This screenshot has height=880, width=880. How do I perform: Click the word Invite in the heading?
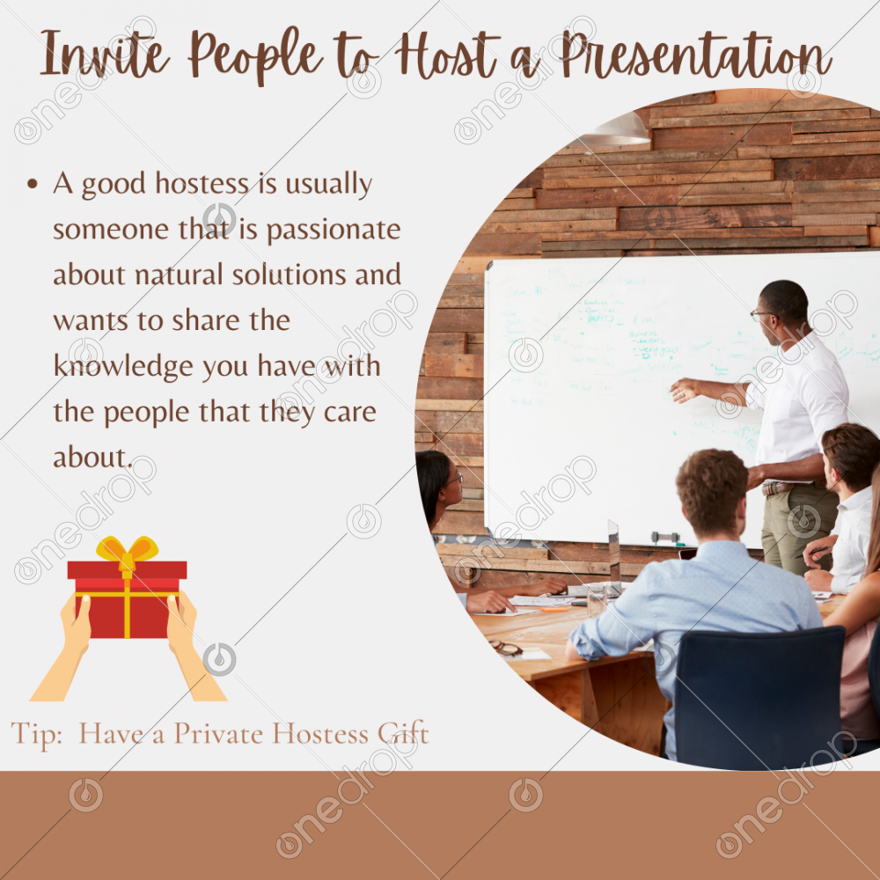point(105,54)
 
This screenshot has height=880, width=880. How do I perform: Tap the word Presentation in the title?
point(696,55)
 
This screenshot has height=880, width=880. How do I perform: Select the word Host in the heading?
point(447,55)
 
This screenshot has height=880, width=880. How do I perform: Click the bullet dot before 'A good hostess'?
point(33,184)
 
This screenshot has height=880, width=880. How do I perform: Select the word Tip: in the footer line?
point(37,735)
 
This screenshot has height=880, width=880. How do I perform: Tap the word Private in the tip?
point(219,734)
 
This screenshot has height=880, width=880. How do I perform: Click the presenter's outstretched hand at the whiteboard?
point(684,390)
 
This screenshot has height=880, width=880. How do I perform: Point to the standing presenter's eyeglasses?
point(762,315)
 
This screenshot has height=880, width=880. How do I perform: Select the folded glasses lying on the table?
point(507,649)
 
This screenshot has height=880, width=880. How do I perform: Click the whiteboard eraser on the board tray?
point(665,538)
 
